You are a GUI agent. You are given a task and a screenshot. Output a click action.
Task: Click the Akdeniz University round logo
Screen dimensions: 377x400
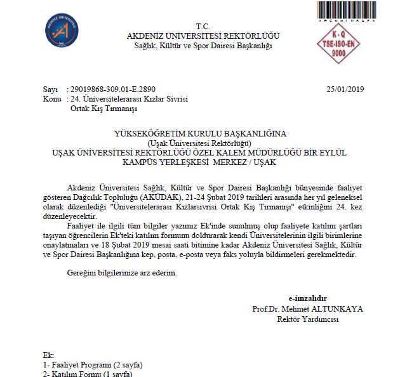62,30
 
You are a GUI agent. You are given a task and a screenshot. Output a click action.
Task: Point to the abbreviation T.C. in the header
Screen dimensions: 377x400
203,26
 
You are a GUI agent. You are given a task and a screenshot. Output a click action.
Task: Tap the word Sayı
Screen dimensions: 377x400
50,90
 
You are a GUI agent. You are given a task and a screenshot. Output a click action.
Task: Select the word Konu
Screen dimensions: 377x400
51,100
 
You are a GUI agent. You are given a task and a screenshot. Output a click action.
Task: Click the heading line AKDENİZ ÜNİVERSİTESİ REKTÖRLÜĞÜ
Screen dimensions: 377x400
203,36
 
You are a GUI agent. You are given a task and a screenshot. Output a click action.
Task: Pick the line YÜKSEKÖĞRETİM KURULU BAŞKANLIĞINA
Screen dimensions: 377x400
200,134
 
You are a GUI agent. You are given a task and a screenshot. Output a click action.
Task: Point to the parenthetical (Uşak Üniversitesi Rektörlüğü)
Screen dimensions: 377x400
200,143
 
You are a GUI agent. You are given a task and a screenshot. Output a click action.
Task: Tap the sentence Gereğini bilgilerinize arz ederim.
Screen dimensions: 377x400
122,273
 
